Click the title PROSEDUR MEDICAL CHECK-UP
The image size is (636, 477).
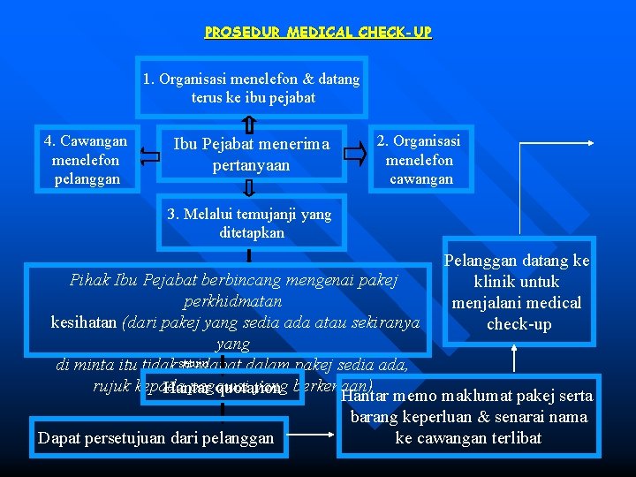[x=318, y=33]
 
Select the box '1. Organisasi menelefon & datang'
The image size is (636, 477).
[x=252, y=88]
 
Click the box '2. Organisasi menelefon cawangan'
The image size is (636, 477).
[x=420, y=160]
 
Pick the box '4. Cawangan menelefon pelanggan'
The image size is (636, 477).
[x=85, y=160]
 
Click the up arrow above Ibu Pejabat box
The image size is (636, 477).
[x=249, y=125]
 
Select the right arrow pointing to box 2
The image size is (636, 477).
[x=354, y=155]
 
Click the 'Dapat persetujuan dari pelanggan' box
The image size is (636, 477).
[x=156, y=437]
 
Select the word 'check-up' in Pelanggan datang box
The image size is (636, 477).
[x=519, y=324]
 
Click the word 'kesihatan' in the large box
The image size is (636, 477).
[x=84, y=322]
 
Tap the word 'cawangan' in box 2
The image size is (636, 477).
[x=420, y=178]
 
